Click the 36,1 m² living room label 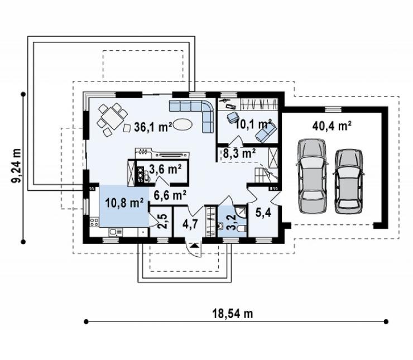tap(153, 127)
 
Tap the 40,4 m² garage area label tap(332, 126)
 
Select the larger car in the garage tap(312, 176)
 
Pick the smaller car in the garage tap(348, 181)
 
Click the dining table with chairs tap(113, 120)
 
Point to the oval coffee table tap(183, 124)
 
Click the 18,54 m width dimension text tap(233, 314)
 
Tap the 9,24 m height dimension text tap(16, 166)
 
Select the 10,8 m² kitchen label tap(124, 203)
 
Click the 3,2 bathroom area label tap(230, 222)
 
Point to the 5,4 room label tap(263, 213)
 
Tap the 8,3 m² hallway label tap(239, 153)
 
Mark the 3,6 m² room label tap(165, 169)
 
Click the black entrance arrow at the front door tap(195, 246)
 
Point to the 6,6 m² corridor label tap(170, 195)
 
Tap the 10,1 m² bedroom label tap(253, 124)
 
